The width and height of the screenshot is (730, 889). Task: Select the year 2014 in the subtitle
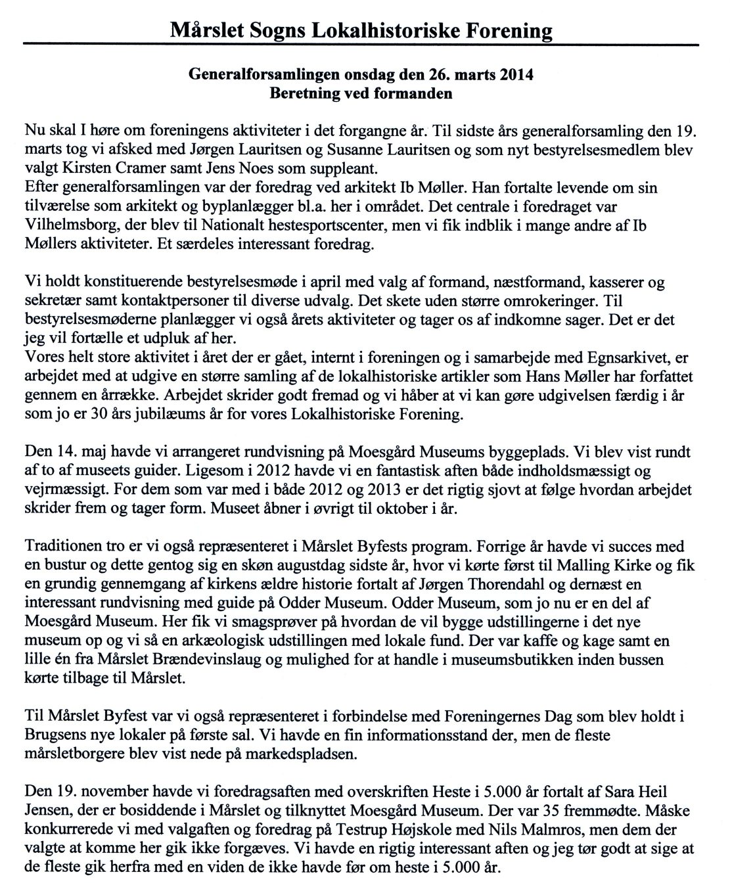tap(516, 75)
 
